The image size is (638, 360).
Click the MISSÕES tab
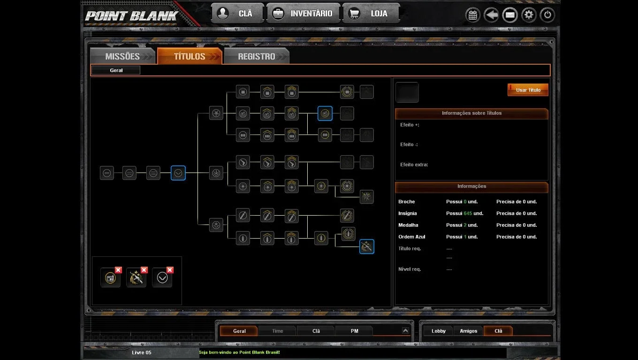tap(122, 56)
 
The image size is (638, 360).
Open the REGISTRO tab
tap(257, 56)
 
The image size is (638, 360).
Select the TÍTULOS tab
tap(190, 56)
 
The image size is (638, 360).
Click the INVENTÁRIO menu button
tap(303, 14)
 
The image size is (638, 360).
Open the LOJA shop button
tap(371, 14)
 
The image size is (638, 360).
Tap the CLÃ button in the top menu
tap(237, 14)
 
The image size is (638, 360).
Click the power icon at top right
tap(547, 15)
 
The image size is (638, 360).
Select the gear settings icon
tap(529, 15)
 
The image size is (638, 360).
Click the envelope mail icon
tap(510, 15)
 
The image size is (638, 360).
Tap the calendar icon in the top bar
tap(473, 15)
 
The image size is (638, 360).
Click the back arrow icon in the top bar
tap(491, 15)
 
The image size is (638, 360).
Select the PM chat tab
tap(354, 331)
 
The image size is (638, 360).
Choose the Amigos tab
tap(468, 331)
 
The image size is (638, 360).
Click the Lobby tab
tap(438, 331)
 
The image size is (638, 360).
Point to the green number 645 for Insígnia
tap(468, 213)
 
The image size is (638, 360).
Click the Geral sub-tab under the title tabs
tap(116, 70)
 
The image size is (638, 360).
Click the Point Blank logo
tap(131, 16)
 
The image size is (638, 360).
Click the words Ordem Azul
tap(411, 237)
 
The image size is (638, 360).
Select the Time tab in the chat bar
tap(277, 331)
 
